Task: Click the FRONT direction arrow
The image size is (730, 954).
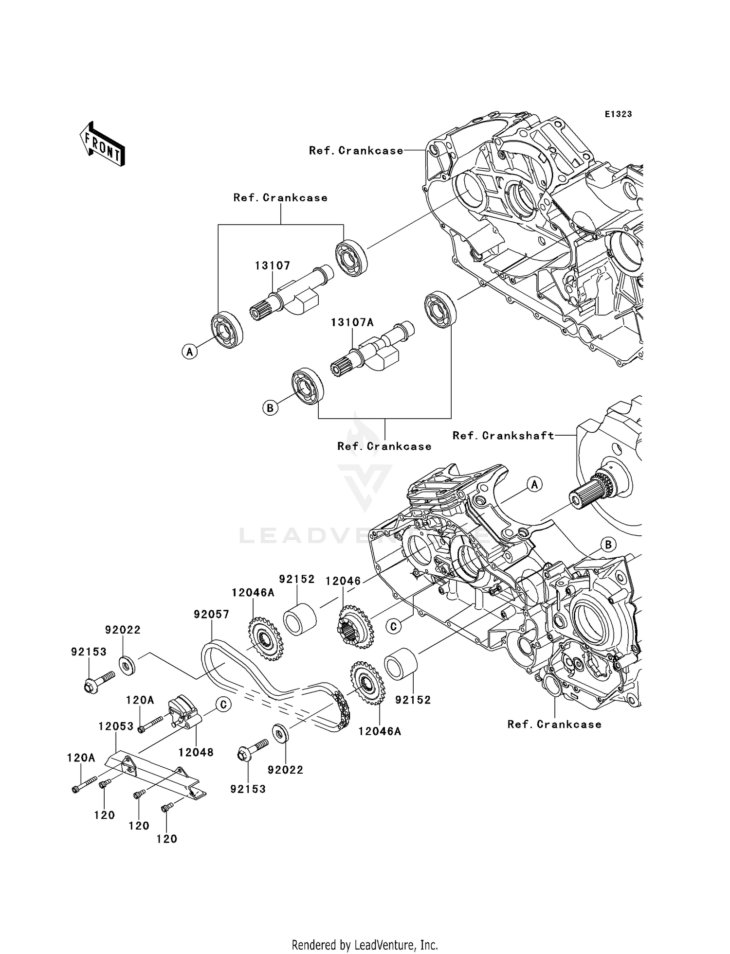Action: click(102, 145)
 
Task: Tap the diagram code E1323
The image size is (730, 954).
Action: click(618, 114)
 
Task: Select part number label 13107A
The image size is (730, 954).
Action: click(352, 322)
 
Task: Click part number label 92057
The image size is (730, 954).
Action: click(211, 614)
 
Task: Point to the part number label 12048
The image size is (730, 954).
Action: click(196, 752)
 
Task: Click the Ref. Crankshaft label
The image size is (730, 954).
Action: click(503, 436)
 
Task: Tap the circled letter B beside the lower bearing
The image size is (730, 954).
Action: click(270, 407)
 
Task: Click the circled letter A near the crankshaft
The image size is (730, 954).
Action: click(534, 484)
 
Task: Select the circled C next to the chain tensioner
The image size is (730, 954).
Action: click(223, 704)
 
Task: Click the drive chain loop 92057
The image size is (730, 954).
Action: click(273, 681)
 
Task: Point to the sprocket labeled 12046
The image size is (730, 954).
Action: click(355, 627)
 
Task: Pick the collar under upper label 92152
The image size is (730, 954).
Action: click(300, 619)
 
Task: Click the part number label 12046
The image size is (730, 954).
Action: click(343, 581)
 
